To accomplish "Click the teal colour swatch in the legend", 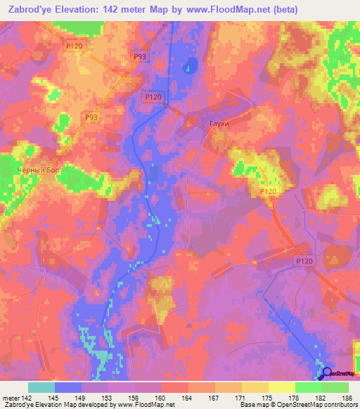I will pyautogui.click(x=41, y=387).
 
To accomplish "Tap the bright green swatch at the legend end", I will pyautogui.click(x=335, y=387).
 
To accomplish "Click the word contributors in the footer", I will pyautogui.click(x=337, y=405).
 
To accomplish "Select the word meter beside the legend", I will pyautogui.click(x=11, y=398).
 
